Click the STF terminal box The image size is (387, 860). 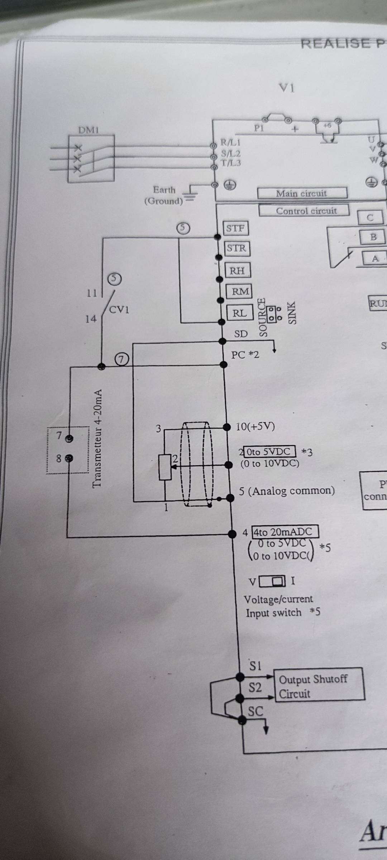point(235,228)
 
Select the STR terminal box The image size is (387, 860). point(236,248)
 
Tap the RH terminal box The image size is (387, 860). point(237,271)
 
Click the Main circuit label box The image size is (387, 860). point(302,193)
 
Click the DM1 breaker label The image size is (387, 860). point(88,130)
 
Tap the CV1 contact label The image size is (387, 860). point(119,310)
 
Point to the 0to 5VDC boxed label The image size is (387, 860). point(269,451)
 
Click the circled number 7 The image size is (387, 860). point(122,359)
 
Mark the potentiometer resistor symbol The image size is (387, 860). point(165,467)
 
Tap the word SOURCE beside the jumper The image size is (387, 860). point(263,317)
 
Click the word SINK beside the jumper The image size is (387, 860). point(292,313)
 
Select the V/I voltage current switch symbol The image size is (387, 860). point(272,581)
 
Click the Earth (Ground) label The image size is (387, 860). point(164,195)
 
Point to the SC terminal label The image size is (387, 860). point(255,711)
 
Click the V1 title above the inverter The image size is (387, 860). point(287,88)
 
